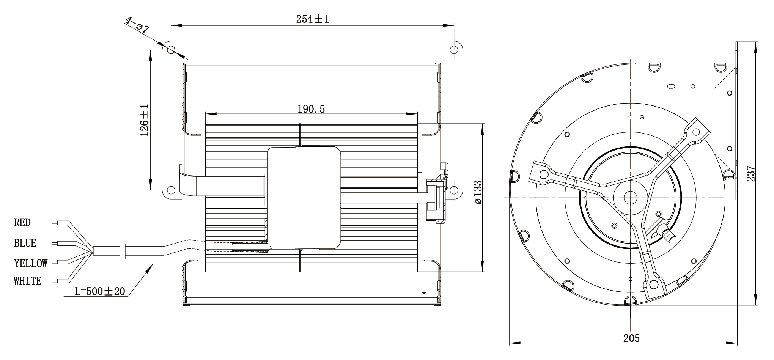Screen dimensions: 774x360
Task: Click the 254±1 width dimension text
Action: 312,19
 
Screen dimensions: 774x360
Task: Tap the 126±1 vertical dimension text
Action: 145,121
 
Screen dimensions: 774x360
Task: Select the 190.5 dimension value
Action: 311,109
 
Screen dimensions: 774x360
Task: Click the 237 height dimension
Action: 751,173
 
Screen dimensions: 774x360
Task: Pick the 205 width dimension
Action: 631,338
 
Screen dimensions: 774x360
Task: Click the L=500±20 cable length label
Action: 100,291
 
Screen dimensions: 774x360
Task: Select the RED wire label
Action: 22,223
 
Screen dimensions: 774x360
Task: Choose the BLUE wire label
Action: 25,243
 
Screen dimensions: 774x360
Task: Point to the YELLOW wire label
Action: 31,263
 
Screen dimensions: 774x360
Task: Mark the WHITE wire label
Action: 28,281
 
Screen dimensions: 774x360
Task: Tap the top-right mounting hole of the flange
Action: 453,50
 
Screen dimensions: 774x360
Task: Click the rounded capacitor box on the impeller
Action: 304,198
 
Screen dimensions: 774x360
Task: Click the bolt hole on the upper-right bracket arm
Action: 696,132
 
